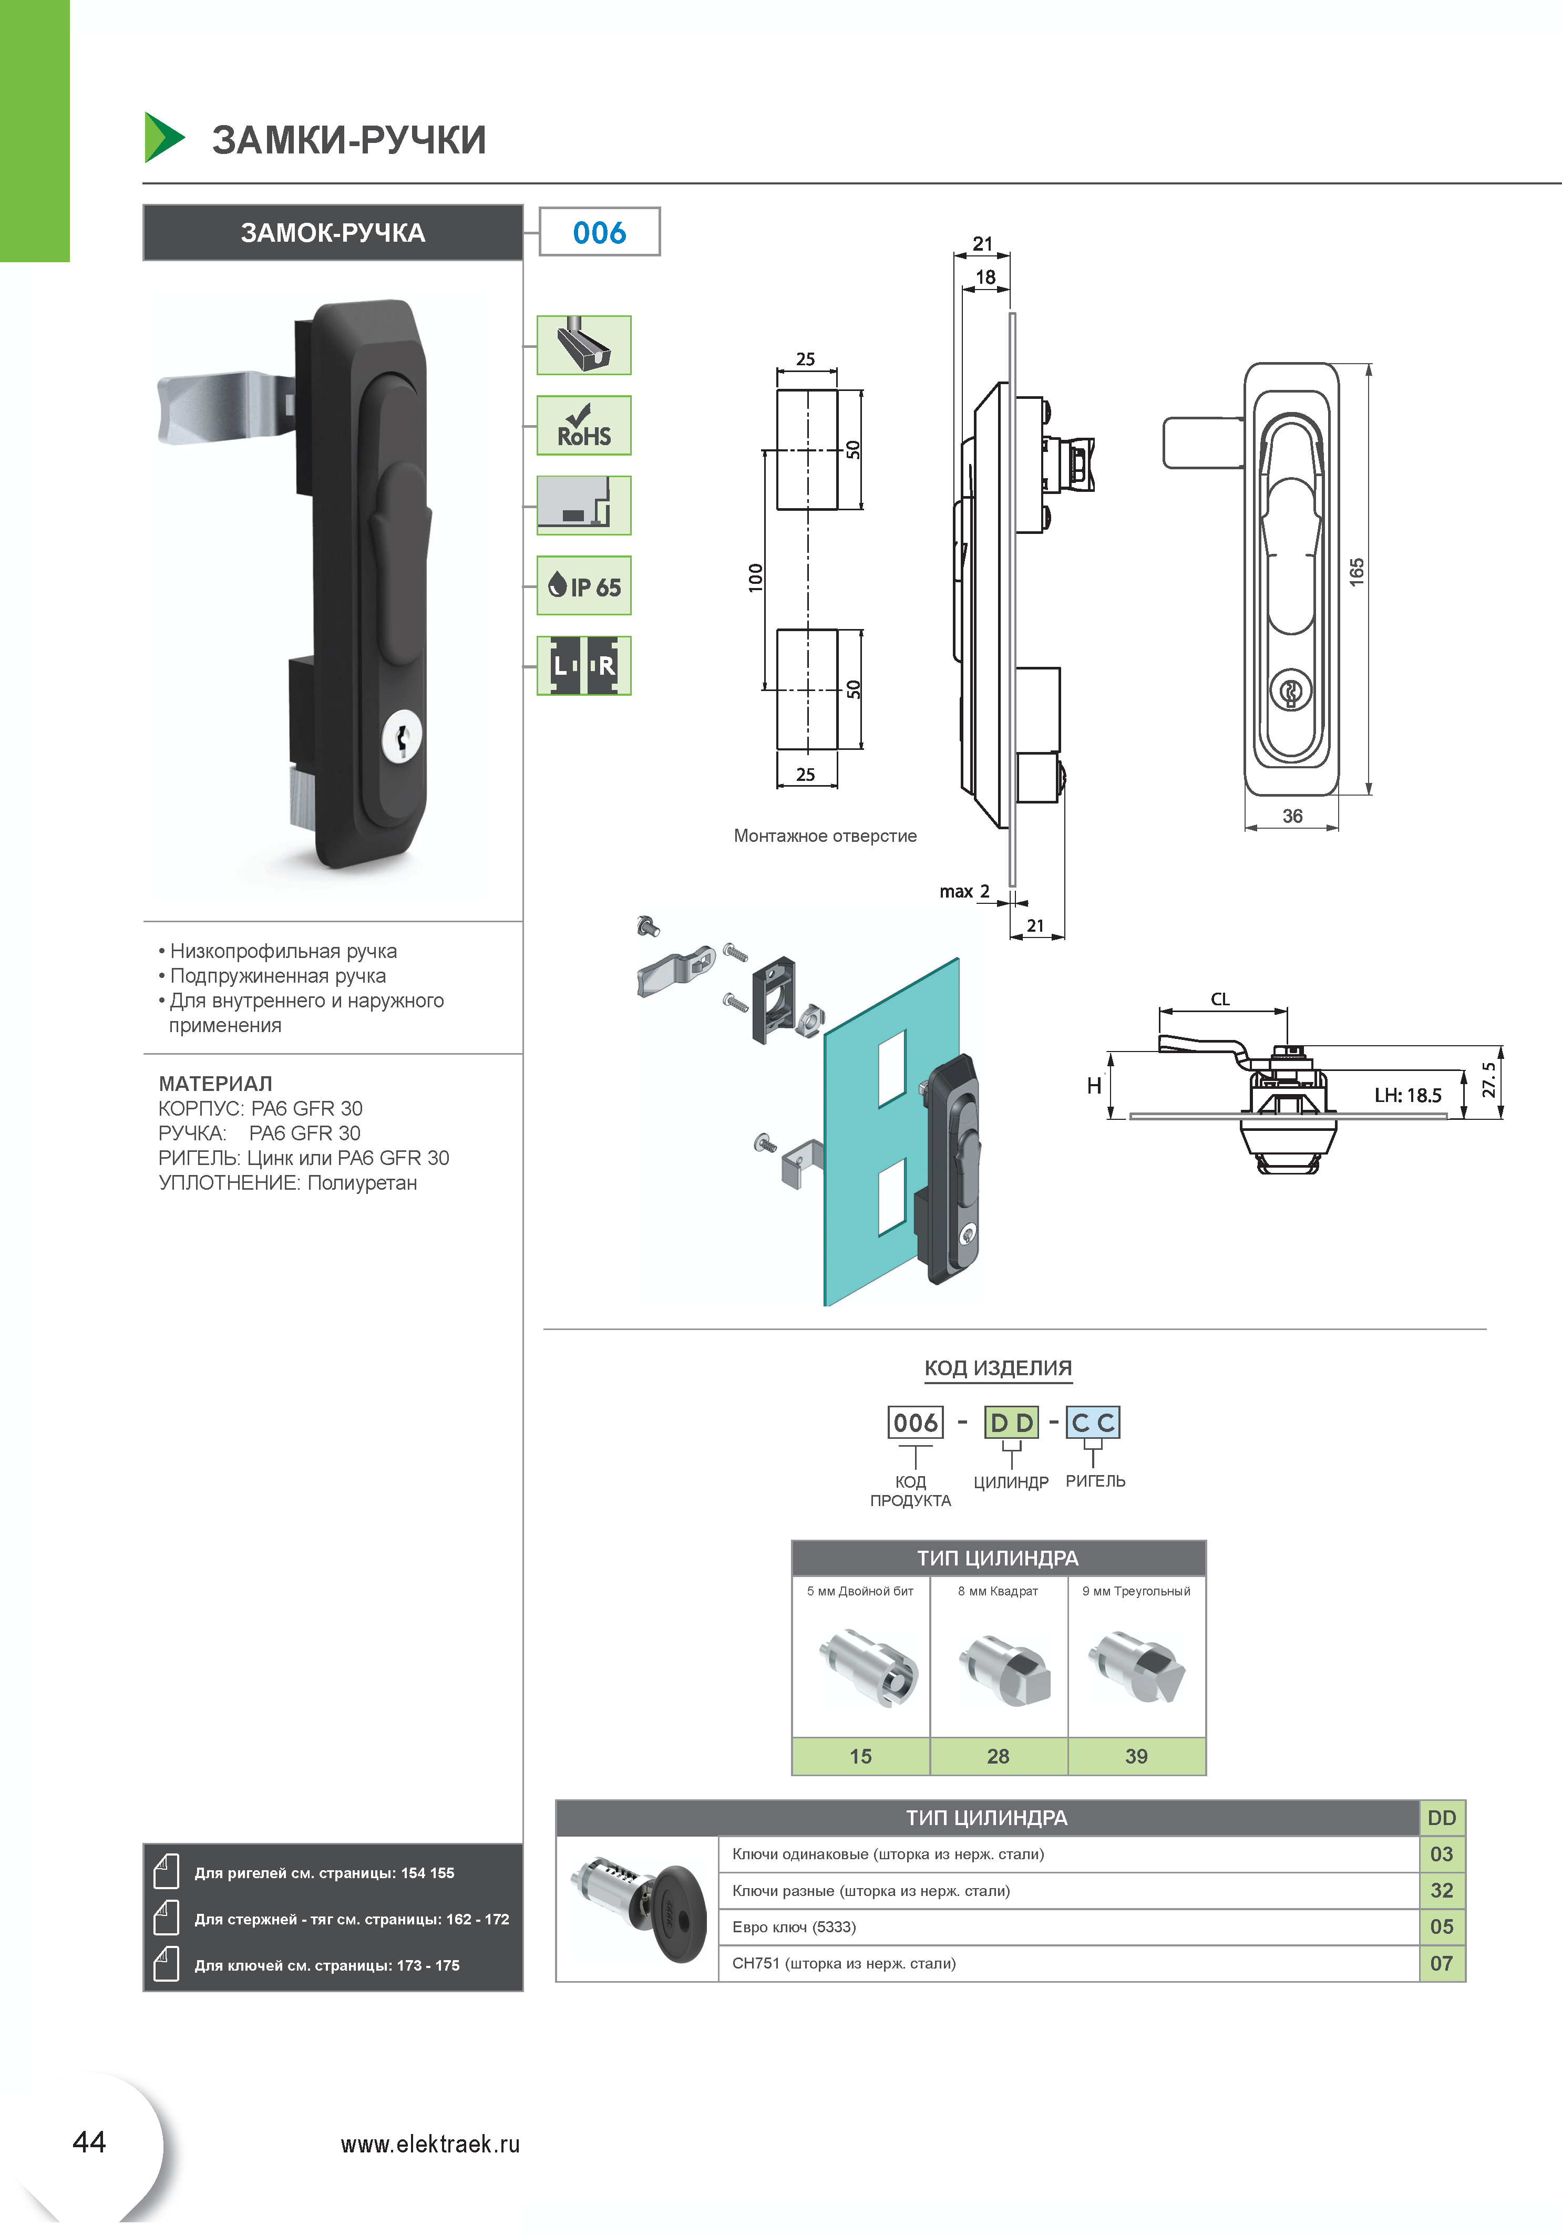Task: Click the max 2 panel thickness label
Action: pyautogui.click(x=964, y=891)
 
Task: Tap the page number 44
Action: pyautogui.click(x=89, y=2141)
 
